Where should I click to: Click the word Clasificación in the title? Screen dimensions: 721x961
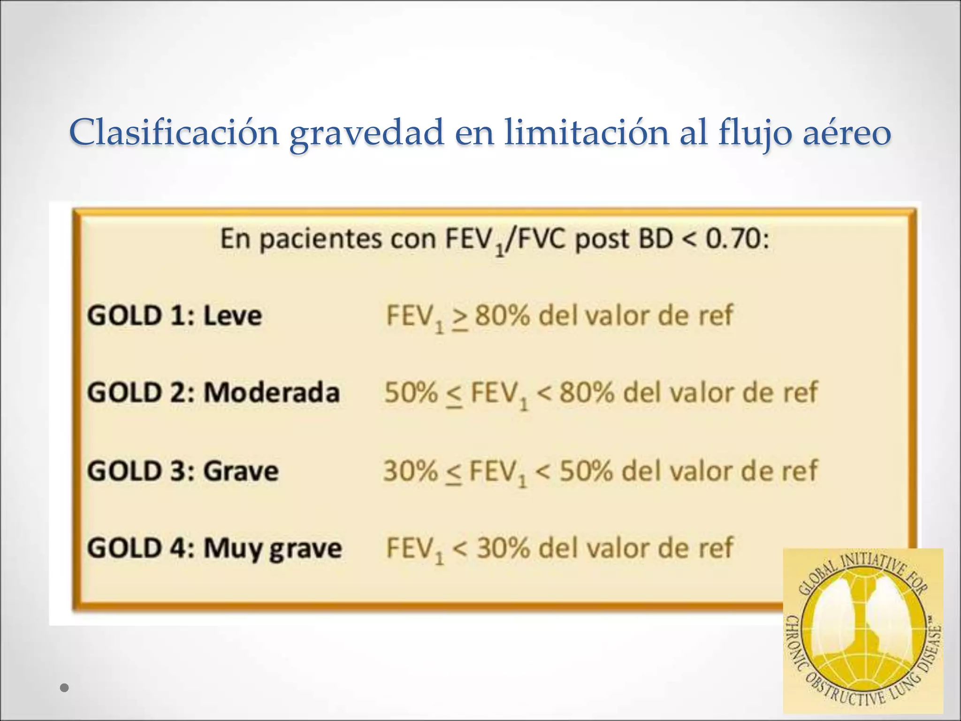pyautogui.click(x=174, y=133)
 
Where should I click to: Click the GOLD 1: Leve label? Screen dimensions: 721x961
pyautogui.click(x=174, y=316)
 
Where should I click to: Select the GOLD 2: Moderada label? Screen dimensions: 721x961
pyautogui.click(x=213, y=392)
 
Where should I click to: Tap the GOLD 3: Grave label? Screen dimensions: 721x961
pyautogui.click(x=183, y=471)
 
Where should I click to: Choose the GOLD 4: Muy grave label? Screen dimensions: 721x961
pyautogui.click(x=214, y=548)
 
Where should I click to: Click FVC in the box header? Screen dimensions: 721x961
pyautogui.click(x=539, y=239)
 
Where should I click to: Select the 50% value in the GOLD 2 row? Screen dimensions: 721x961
pyautogui.click(x=411, y=392)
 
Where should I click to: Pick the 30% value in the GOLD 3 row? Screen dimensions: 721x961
pyautogui.click(x=410, y=471)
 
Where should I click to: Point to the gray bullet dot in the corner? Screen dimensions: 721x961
pyautogui.click(x=65, y=688)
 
